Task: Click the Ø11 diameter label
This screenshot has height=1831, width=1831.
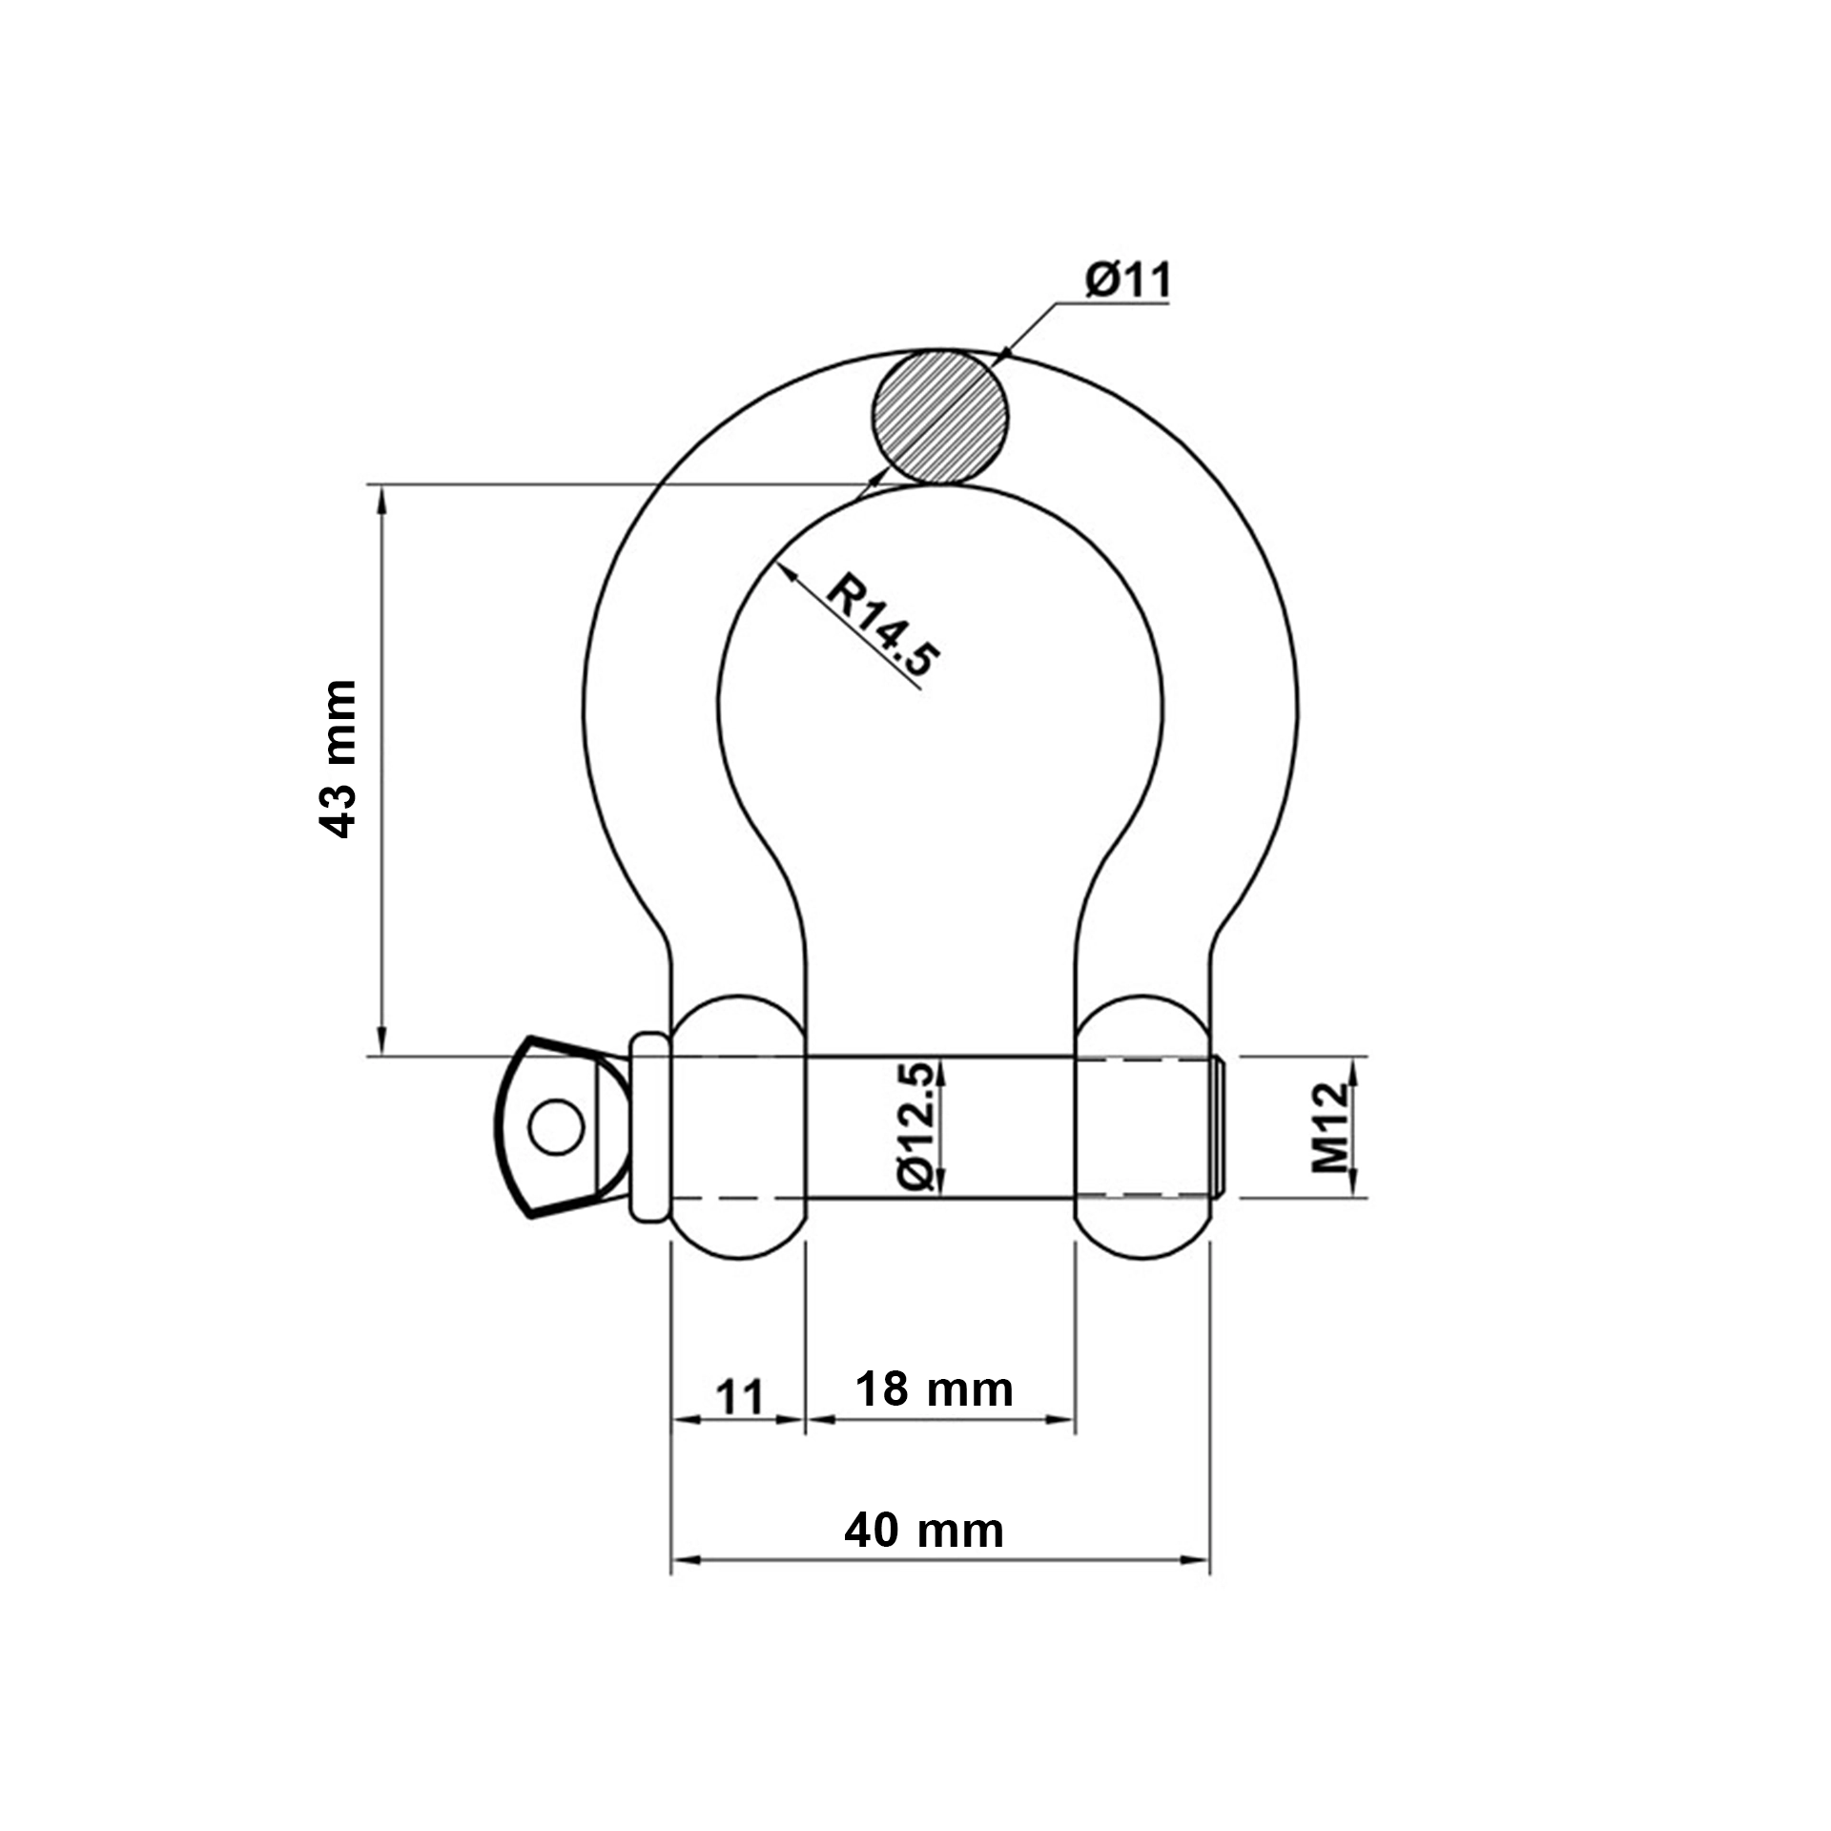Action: (x=1127, y=280)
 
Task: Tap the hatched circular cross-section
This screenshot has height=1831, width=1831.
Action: (x=938, y=417)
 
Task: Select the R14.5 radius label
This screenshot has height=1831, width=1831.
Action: (x=883, y=625)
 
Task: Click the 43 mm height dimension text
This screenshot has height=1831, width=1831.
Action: (x=338, y=759)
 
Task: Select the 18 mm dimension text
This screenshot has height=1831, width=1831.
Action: (x=934, y=1389)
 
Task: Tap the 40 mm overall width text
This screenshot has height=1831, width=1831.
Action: (x=923, y=1531)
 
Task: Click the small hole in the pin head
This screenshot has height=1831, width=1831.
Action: (x=556, y=1127)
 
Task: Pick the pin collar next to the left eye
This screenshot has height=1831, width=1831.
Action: (x=650, y=1126)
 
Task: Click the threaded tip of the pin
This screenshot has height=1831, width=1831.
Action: (x=1219, y=1126)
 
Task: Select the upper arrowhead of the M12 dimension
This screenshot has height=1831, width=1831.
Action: (x=1353, y=1069)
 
